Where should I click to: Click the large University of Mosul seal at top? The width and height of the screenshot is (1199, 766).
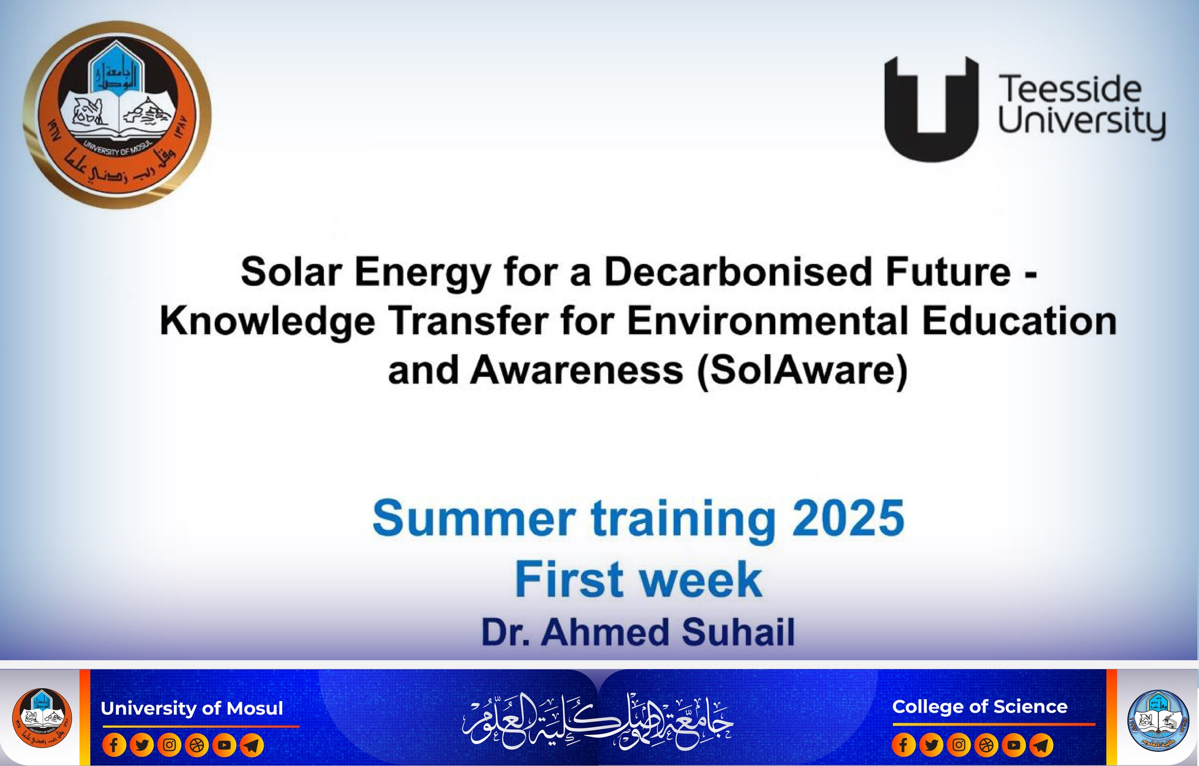(117, 115)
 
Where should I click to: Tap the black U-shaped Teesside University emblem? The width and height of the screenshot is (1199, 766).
(931, 109)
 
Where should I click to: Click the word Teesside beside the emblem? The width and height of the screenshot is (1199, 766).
(1070, 90)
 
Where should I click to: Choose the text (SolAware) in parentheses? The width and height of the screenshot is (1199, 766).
(802, 371)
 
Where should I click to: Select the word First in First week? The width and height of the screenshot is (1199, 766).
(568, 579)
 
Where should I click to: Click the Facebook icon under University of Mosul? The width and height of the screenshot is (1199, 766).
(114, 745)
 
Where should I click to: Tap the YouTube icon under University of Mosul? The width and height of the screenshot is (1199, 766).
(224, 745)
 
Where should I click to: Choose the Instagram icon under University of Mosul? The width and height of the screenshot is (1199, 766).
(169, 745)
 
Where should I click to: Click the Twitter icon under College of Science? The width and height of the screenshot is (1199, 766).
(931, 745)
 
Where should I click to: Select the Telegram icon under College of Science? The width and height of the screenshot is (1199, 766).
(1041, 745)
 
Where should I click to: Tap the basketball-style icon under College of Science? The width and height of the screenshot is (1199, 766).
(986, 745)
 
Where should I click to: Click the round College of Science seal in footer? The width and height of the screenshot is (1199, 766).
(1157, 720)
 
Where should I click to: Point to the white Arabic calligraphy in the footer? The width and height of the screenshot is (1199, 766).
(598, 720)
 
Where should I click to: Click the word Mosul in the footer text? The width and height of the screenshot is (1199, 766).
(255, 708)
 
